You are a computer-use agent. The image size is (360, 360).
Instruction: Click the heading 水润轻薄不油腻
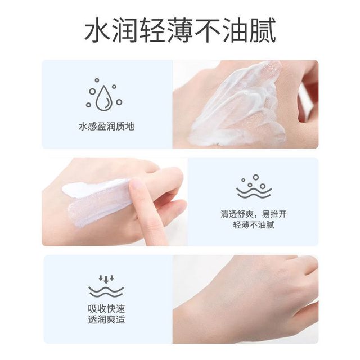[x=180, y=31]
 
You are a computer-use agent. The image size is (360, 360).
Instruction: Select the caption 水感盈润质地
[x=106, y=127]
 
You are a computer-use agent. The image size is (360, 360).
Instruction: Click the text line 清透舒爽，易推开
[x=254, y=214]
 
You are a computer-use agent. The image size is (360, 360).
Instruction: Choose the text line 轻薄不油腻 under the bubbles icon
[x=254, y=225]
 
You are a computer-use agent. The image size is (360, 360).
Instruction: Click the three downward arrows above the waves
[x=106, y=279]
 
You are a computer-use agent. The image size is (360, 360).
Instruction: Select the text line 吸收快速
[x=106, y=309]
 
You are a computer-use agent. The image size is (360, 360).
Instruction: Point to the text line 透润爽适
[x=106, y=320]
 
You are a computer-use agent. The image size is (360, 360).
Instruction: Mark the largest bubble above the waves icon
[x=256, y=177]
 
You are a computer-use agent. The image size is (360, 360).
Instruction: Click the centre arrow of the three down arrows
[x=106, y=280]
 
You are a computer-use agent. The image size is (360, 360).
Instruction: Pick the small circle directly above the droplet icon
[x=97, y=80]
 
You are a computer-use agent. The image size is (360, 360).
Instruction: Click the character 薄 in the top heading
[x=180, y=31]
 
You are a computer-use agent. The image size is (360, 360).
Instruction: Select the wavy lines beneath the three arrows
[x=106, y=291]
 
